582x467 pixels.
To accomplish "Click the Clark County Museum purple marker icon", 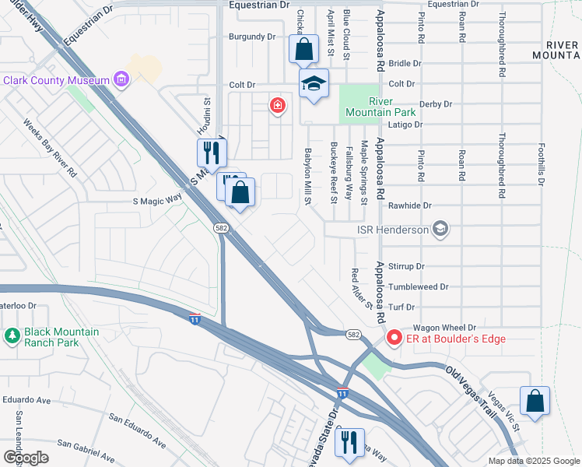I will click(x=121, y=79).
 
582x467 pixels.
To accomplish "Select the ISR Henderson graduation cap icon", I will click(x=441, y=229).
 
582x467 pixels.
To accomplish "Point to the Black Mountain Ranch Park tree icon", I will click(x=12, y=336).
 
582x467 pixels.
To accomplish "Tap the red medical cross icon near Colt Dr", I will click(x=276, y=106).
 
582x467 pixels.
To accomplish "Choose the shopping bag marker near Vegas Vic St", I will click(x=535, y=402).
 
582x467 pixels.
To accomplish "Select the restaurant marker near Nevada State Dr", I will click(x=349, y=442).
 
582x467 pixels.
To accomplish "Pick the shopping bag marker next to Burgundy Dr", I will click(x=303, y=49).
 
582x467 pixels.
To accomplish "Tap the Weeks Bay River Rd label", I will click(x=50, y=146).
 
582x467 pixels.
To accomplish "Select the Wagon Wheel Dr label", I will click(x=444, y=328).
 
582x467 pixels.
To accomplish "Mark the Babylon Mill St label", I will click(x=308, y=177).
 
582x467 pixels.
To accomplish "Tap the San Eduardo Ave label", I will click(x=137, y=430).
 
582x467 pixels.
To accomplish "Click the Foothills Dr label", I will click(x=541, y=164).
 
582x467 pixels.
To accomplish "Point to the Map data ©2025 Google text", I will click(x=533, y=461).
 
